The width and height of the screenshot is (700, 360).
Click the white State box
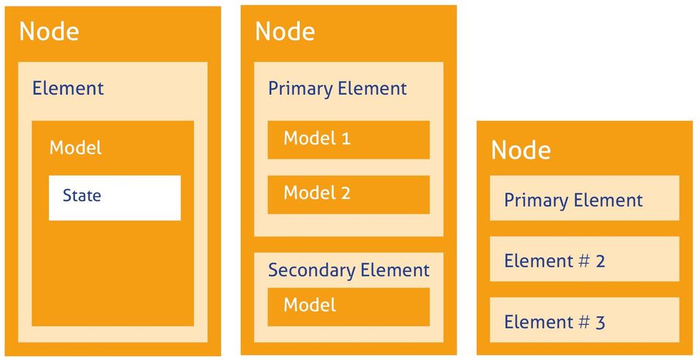point(114,197)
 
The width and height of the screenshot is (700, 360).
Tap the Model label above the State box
point(75,148)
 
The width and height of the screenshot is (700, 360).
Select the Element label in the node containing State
point(68,89)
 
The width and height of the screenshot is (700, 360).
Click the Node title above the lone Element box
point(49,31)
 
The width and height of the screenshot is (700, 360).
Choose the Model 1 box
point(348,139)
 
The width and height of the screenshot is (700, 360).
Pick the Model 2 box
point(348,194)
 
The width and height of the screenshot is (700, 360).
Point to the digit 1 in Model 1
point(346,138)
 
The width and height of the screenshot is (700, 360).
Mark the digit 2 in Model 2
point(346,193)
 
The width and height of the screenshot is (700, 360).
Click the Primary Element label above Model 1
point(337,89)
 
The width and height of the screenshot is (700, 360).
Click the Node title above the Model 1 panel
point(284,31)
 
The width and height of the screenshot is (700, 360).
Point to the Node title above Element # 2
point(521,150)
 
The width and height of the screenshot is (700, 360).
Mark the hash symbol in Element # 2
point(583,261)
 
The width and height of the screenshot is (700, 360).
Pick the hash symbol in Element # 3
point(583,322)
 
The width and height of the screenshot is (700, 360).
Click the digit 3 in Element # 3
point(600,322)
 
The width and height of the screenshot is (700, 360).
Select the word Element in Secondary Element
point(395,270)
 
